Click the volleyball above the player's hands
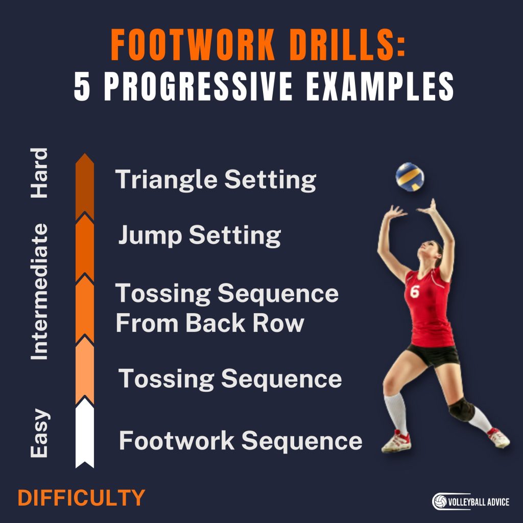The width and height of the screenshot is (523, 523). pos(410,177)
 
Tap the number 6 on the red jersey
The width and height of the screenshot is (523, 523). pos(414,292)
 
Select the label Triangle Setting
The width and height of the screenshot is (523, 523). pos(216,180)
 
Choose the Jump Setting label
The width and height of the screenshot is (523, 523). pos(200,236)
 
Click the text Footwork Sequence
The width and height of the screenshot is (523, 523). pos(241,441)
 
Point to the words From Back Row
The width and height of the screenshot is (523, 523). pos(210,323)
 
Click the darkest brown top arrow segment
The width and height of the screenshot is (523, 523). pos(84,186)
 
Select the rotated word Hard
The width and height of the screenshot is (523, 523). pos(39,173)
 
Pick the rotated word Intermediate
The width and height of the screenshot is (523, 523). pos(39,292)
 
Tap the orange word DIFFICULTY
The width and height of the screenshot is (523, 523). pos(82,498)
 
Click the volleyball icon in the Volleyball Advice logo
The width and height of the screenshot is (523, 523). pos(440,502)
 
